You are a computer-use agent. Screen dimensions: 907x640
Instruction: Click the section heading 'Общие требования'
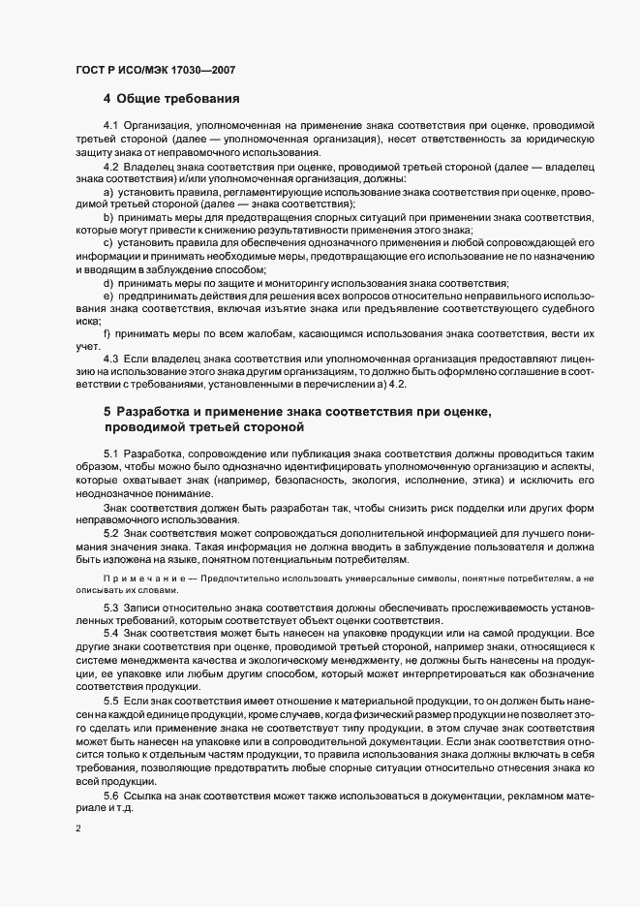[178, 99]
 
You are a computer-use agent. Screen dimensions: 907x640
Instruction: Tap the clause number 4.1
[110, 127]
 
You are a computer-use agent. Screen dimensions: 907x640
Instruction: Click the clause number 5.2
[110, 534]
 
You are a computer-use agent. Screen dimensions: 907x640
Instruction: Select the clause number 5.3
[110, 607]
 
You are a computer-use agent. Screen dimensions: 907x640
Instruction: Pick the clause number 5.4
[110, 632]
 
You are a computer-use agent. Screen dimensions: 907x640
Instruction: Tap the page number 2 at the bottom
[76, 830]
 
